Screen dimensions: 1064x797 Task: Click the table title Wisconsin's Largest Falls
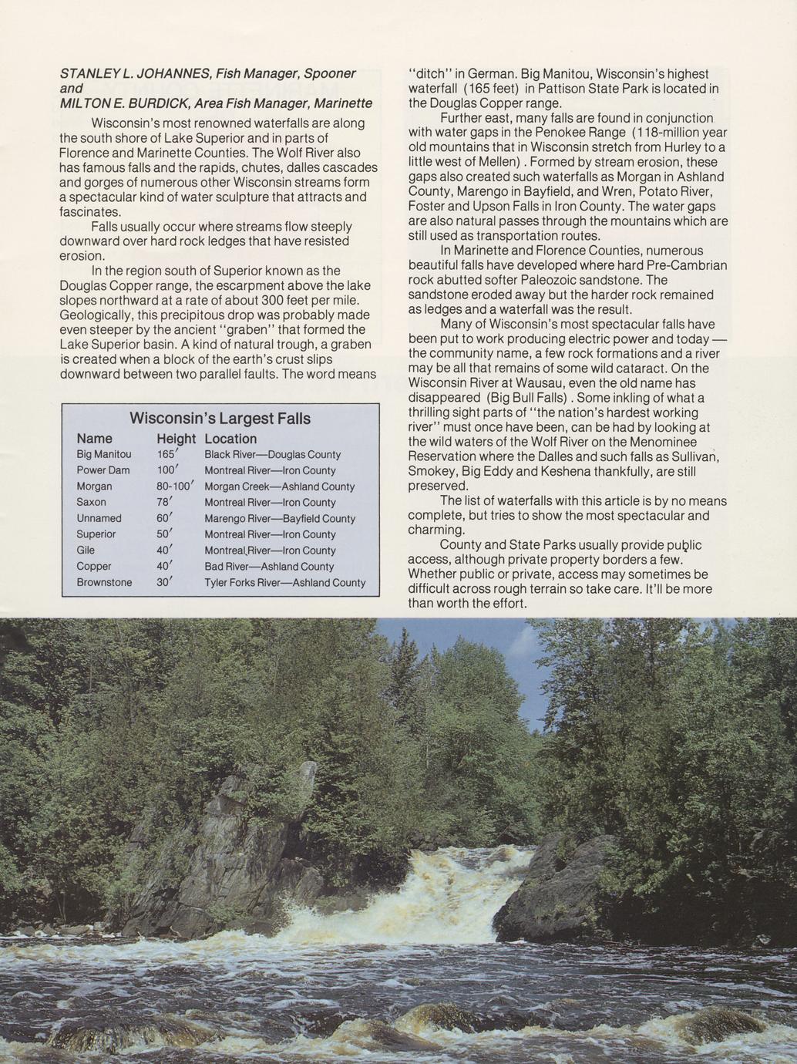coord(220,419)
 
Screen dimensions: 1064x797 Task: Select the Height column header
coord(176,439)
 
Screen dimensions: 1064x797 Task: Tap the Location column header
coord(230,439)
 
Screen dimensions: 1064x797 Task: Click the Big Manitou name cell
coord(104,454)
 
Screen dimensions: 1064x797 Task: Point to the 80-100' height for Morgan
coord(174,487)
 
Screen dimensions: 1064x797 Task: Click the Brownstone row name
coord(104,582)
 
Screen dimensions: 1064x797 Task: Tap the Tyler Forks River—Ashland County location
coord(285,583)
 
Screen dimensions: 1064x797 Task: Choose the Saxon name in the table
coord(92,502)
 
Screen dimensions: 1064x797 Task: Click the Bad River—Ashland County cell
coord(269,567)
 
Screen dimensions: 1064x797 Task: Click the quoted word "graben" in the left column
coord(244,329)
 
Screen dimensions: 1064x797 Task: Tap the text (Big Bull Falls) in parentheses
coord(527,398)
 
